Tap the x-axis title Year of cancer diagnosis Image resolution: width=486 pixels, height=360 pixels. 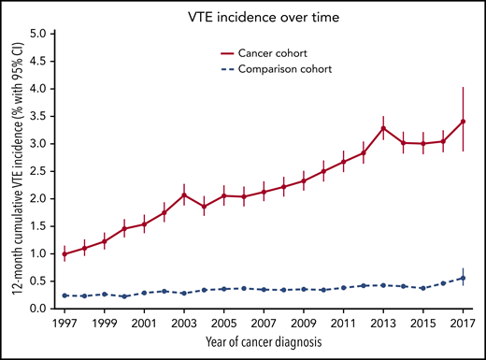(265, 343)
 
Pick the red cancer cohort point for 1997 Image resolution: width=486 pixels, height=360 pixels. (65, 254)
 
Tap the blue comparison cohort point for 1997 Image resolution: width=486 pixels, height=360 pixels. (65, 295)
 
